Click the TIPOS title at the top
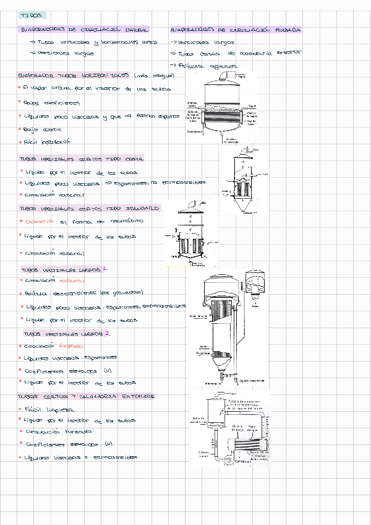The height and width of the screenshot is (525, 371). point(30,14)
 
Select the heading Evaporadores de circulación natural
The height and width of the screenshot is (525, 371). point(85,29)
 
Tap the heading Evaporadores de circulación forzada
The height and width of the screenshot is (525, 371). point(236,29)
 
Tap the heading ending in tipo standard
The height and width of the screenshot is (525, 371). point(90,209)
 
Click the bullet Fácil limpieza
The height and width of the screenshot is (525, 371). point(47,409)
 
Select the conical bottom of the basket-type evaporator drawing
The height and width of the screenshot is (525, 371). point(244,204)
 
